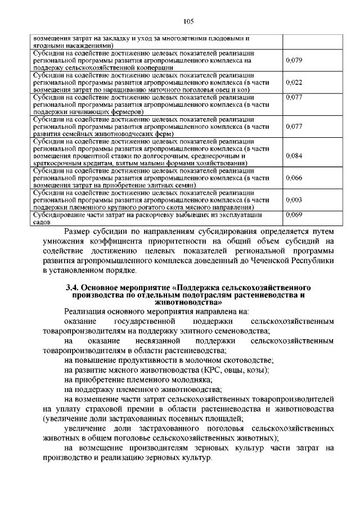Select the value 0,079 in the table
click(294, 60)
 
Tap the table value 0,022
click(294, 82)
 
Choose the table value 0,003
click(294, 200)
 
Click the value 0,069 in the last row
click(294, 215)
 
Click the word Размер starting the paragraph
click(80, 231)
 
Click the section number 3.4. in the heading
click(74, 287)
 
